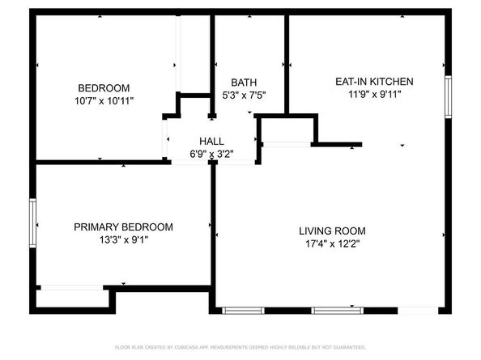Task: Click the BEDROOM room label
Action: click(104, 88)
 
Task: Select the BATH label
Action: click(244, 83)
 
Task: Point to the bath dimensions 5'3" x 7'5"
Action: click(244, 95)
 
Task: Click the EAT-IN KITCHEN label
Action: click(375, 82)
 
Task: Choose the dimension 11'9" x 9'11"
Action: click(375, 94)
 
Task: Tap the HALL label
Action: click(211, 141)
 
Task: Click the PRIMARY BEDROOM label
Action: click(123, 227)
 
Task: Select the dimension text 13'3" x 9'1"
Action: click(123, 239)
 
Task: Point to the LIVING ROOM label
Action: click(334, 231)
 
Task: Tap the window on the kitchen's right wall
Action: click(447, 98)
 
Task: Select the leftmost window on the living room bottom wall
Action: click(244, 310)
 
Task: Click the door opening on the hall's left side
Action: click(165, 138)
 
